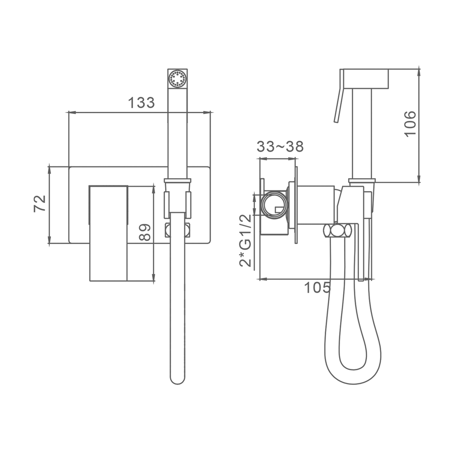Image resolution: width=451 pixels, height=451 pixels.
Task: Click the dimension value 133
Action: tap(141, 102)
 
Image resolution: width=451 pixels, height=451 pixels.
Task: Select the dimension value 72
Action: tap(40, 204)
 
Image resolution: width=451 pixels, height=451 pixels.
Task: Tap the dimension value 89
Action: tap(145, 232)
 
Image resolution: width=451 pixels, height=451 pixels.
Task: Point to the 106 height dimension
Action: tap(410, 124)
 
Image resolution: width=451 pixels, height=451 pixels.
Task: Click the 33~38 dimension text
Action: tap(280, 147)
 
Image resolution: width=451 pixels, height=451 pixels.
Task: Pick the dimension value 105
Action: tap(318, 287)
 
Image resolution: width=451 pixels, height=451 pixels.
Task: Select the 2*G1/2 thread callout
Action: tap(245, 240)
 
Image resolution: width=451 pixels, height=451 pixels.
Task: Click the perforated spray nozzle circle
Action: tap(177, 78)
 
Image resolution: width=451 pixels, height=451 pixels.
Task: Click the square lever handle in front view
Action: tap(108, 233)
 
